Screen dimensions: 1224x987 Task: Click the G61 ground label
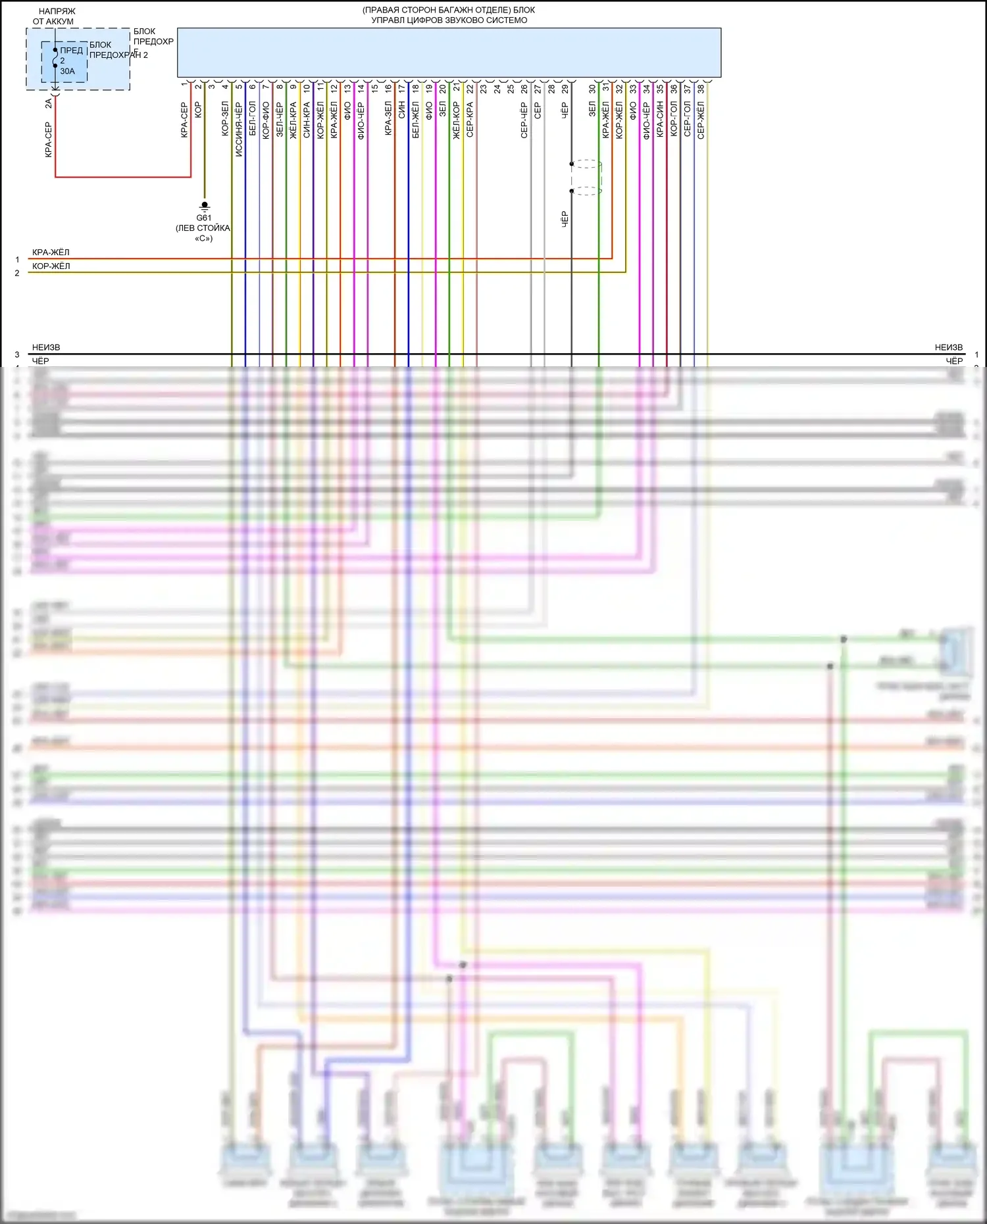coord(204,218)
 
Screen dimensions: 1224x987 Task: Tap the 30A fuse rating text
coord(67,71)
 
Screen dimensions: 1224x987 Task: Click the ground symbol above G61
coord(204,206)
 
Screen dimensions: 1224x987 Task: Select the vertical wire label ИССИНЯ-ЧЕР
coord(239,128)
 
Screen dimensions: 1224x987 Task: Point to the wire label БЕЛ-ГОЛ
coord(253,119)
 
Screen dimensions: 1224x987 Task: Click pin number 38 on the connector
coord(701,88)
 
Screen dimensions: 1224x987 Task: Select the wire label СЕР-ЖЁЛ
coord(701,120)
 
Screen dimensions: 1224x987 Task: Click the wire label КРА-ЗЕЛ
coord(388,118)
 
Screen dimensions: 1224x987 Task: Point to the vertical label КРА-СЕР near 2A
coord(48,139)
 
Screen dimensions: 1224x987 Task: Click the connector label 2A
coord(48,103)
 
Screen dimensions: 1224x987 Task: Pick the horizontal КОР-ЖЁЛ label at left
coord(51,266)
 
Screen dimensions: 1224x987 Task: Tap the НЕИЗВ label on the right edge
coord(948,347)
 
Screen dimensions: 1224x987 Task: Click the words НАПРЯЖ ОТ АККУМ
coord(55,16)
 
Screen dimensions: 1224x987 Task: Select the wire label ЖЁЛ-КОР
coord(457,120)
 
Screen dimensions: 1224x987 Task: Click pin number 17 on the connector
coord(402,88)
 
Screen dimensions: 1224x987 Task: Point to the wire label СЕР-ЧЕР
coord(524,120)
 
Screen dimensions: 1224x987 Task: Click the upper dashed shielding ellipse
coord(586,164)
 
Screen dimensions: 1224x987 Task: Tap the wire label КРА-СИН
coord(660,120)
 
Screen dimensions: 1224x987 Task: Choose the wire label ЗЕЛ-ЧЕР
coord(280,120)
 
